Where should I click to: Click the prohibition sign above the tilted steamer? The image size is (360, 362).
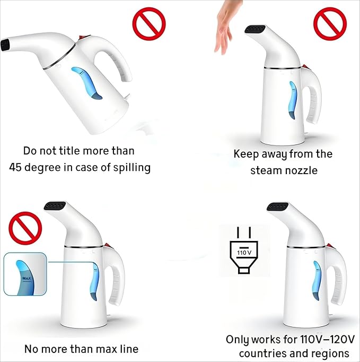(x=148, y=24)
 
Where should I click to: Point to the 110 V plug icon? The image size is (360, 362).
(x=244, y=251)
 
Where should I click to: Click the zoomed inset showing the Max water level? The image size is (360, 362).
(x=25, y=281)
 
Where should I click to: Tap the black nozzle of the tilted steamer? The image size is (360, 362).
(x=5, y=45)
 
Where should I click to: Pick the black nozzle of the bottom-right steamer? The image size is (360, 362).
(x=277, y=207)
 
